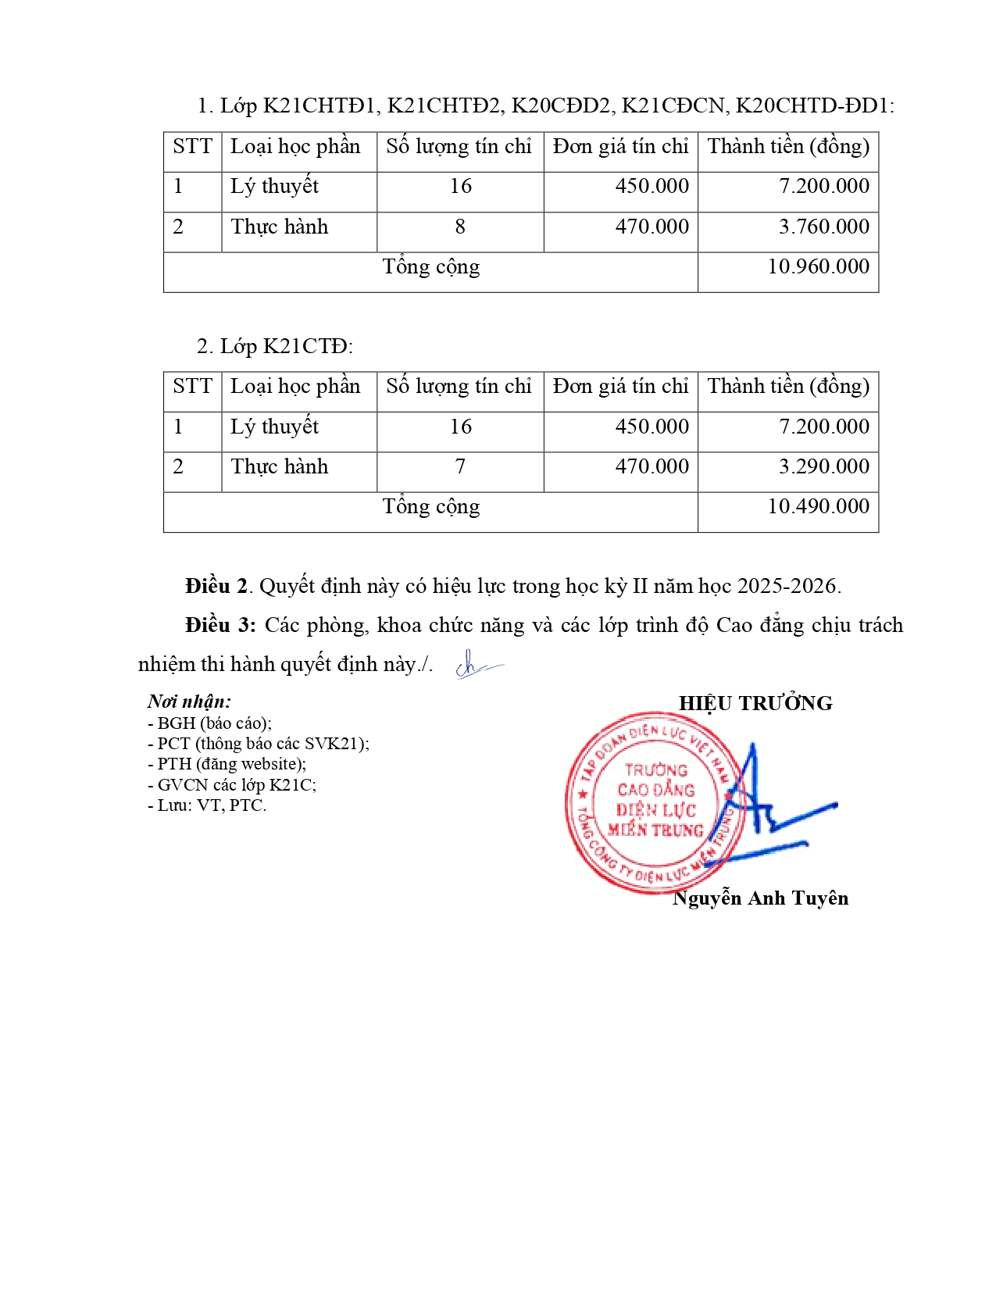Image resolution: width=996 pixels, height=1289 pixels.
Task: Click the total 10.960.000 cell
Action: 818,267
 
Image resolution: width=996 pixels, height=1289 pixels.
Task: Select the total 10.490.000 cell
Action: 818,507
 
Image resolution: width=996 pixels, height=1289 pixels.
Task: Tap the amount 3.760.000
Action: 823,227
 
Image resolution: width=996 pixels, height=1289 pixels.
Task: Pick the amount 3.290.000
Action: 823,467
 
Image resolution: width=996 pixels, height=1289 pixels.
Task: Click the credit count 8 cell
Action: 460,227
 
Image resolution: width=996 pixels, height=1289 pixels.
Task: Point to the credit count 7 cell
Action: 460,467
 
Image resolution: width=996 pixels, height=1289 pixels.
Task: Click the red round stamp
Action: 648,802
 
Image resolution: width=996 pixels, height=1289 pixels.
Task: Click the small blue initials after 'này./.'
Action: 476,666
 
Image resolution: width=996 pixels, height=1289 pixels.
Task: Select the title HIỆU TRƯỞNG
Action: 755,704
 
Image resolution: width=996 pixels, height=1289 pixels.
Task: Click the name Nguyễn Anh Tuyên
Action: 760,898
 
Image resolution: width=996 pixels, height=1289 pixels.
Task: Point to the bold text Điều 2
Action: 216,587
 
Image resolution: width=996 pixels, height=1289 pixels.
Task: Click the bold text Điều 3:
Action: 220,626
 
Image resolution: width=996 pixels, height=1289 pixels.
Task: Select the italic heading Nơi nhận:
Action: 189,702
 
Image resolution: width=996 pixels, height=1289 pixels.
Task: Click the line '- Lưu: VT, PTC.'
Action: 207,805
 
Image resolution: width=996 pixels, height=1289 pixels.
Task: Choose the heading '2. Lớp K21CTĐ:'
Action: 275,346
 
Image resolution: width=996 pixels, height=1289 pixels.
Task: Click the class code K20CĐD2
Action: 560,105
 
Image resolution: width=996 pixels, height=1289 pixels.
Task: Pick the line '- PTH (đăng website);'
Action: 227,764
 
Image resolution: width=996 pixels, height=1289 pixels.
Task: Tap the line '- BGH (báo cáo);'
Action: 209,723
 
